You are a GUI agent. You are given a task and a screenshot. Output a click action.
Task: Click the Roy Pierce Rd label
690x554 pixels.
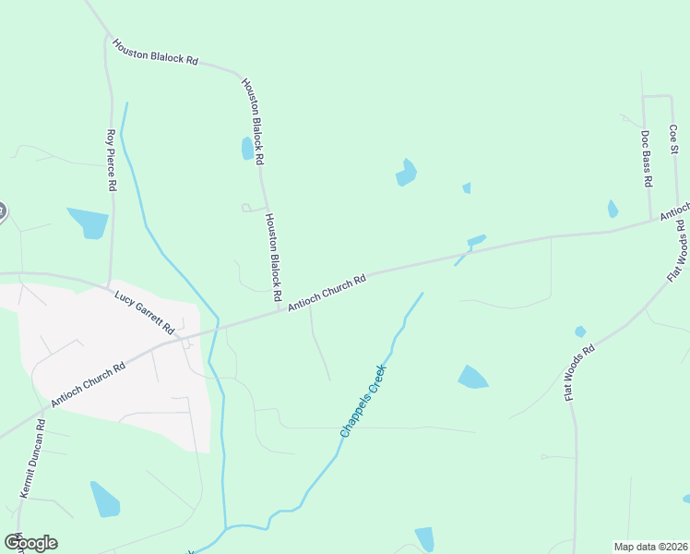(112, 160)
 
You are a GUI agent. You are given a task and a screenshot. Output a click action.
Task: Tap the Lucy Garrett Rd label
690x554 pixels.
(145, 312)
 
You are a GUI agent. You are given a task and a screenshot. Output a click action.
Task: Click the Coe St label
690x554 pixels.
(673, 137)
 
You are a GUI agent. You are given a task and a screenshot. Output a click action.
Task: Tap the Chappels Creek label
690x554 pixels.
(363, 401)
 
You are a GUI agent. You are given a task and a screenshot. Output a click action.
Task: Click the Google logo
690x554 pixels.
(30, 542)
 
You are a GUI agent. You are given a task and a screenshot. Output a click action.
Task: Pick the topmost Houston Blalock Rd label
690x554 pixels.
(155, 51)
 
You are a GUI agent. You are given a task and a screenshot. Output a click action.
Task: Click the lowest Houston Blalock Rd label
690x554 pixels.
(273, 258)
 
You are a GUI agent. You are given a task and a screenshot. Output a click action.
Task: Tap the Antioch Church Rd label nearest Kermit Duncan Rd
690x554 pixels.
(88, 385)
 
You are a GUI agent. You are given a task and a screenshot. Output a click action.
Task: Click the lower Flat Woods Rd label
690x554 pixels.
(579, 372)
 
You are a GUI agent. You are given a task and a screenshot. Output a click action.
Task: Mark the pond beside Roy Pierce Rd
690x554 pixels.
(89, 223)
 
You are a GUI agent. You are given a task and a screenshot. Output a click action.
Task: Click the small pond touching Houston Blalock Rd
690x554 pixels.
(247, 149)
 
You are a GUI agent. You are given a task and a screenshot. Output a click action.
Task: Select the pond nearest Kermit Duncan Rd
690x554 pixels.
(105, 499)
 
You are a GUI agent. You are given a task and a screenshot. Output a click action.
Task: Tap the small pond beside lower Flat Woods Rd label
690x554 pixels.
(580, 331)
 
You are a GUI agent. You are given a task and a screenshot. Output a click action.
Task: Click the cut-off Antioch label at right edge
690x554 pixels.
(673, 213)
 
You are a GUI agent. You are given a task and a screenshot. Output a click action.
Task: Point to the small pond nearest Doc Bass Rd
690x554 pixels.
(613, 209)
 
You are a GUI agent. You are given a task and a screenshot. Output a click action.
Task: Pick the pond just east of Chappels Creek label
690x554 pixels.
(473, 377)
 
